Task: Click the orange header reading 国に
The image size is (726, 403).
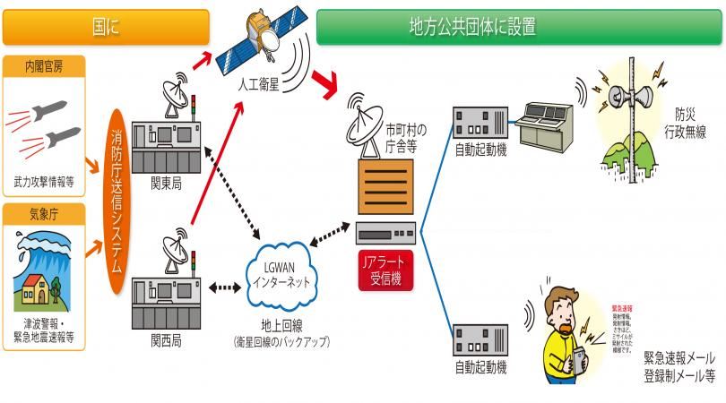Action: click(106, 27)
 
